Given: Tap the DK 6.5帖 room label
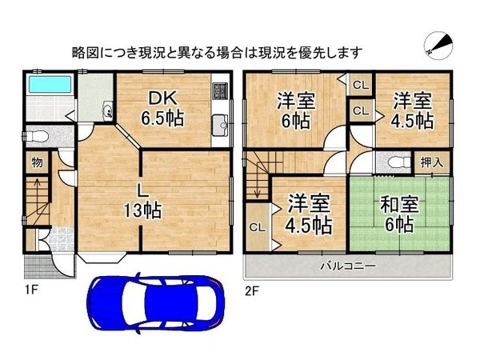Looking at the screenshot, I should (x=163, y=109).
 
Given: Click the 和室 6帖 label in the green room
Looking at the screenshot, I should (x=397, y=214).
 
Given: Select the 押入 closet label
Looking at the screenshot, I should (x=433, y=162).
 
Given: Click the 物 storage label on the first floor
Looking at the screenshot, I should (x=37, y=162).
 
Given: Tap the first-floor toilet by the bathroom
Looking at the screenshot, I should (x=38, y=134).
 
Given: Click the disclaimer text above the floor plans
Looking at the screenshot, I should (x=217, y=52).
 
